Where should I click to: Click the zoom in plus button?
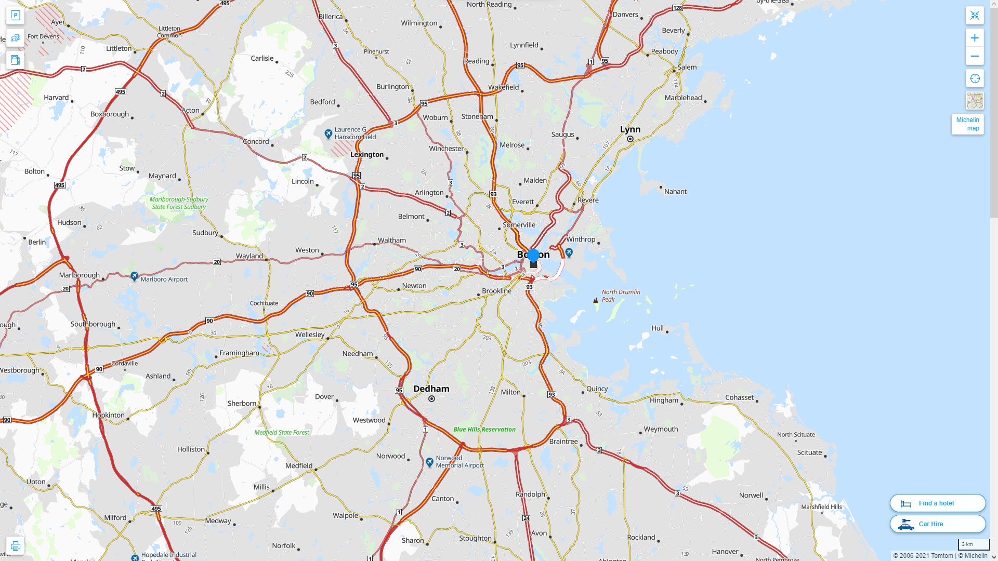coord(975,38)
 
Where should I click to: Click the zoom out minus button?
coord(975,57)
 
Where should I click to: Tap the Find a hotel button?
coord(938,503)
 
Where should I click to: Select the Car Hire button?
coord(938,524)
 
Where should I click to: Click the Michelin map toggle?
coord(967,124)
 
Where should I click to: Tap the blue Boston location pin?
coord(533,256)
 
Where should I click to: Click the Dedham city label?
coord(431,389)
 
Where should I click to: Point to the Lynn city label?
coord(630,129)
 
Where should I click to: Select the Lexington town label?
coord(367,154)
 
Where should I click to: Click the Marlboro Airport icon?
coord(135,276)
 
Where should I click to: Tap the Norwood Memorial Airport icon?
coord(429,462)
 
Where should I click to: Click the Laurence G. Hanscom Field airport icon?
coord(328,134)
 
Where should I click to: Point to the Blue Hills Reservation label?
coord(484,429)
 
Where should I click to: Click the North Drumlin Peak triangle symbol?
coord(596,300)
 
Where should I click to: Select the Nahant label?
coord(675,192)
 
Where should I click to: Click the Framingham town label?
coord(239,353)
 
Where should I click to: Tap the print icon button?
coord(15,546)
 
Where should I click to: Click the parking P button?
coord(15,16)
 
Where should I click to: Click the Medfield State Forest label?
coord(282,432)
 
